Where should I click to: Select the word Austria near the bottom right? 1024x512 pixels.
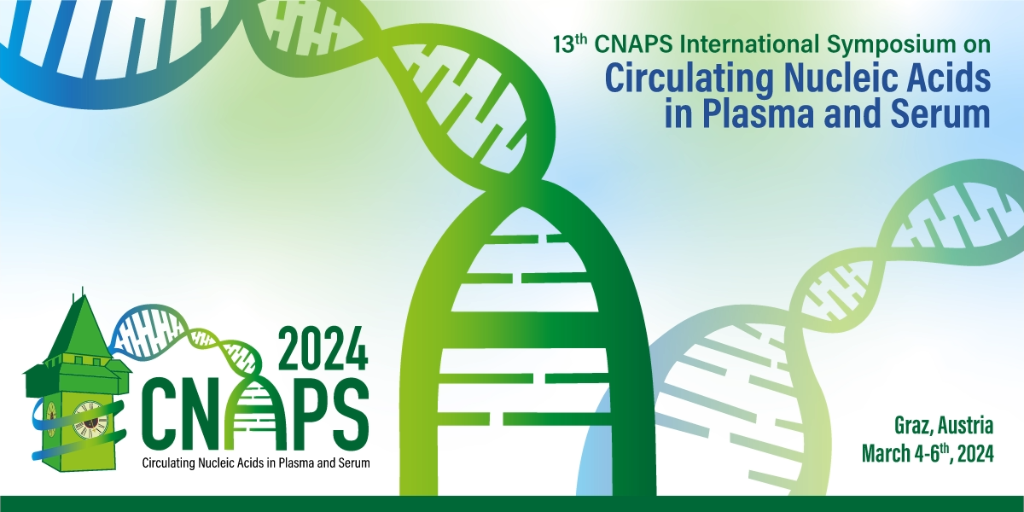(965, 425)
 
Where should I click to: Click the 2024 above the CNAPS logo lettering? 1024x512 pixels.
(323, 348)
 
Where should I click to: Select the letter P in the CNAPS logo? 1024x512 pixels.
(303, 413)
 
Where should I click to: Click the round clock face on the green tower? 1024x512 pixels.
(88, 419)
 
